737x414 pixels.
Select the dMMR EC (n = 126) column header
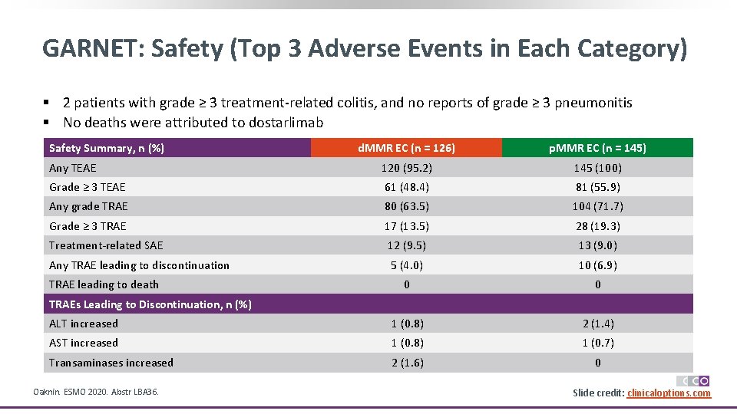pyautogui.click(x=406, y=148)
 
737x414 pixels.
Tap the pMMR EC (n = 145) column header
pyautogui.click(x=597, y=148)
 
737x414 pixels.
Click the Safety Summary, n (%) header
pyautogui.click(x=107, y=148)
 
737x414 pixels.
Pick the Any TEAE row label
pyautogui.click(x=73, y=168)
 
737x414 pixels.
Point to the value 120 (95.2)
pyautogui.click(x=406, y=168)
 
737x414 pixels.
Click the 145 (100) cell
pyautogui.click(x=597, y=168)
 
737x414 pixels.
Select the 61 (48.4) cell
pyautogui.click(x=406, y=187)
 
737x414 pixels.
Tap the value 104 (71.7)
pyautogui.click(x=597, y=206)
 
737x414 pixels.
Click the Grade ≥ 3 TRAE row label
pyautogui.click(x=88, y=226)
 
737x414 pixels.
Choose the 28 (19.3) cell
pyautogui.click(x=597, y=226)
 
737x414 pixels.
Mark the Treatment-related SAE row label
pyautogui.click(x=106, y=245)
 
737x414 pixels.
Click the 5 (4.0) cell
pyautogui.click(x=406, y=265)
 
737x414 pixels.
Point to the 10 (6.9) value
pyautogui.click(x=597, y=265)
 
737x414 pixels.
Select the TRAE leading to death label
pyautogui.click(x=104, y=284)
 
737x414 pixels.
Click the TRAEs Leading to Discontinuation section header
pyautogui.click(x=150, y=304)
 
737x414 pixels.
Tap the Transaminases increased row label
pyautogui.click(x=111, y=363)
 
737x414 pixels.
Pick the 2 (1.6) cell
pyautogui.click(x=406, y=363)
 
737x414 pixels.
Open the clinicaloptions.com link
pyautogui.click(x=669, y=393)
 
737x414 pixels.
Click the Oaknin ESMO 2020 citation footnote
pyautogui.click(x=96, y=393)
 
